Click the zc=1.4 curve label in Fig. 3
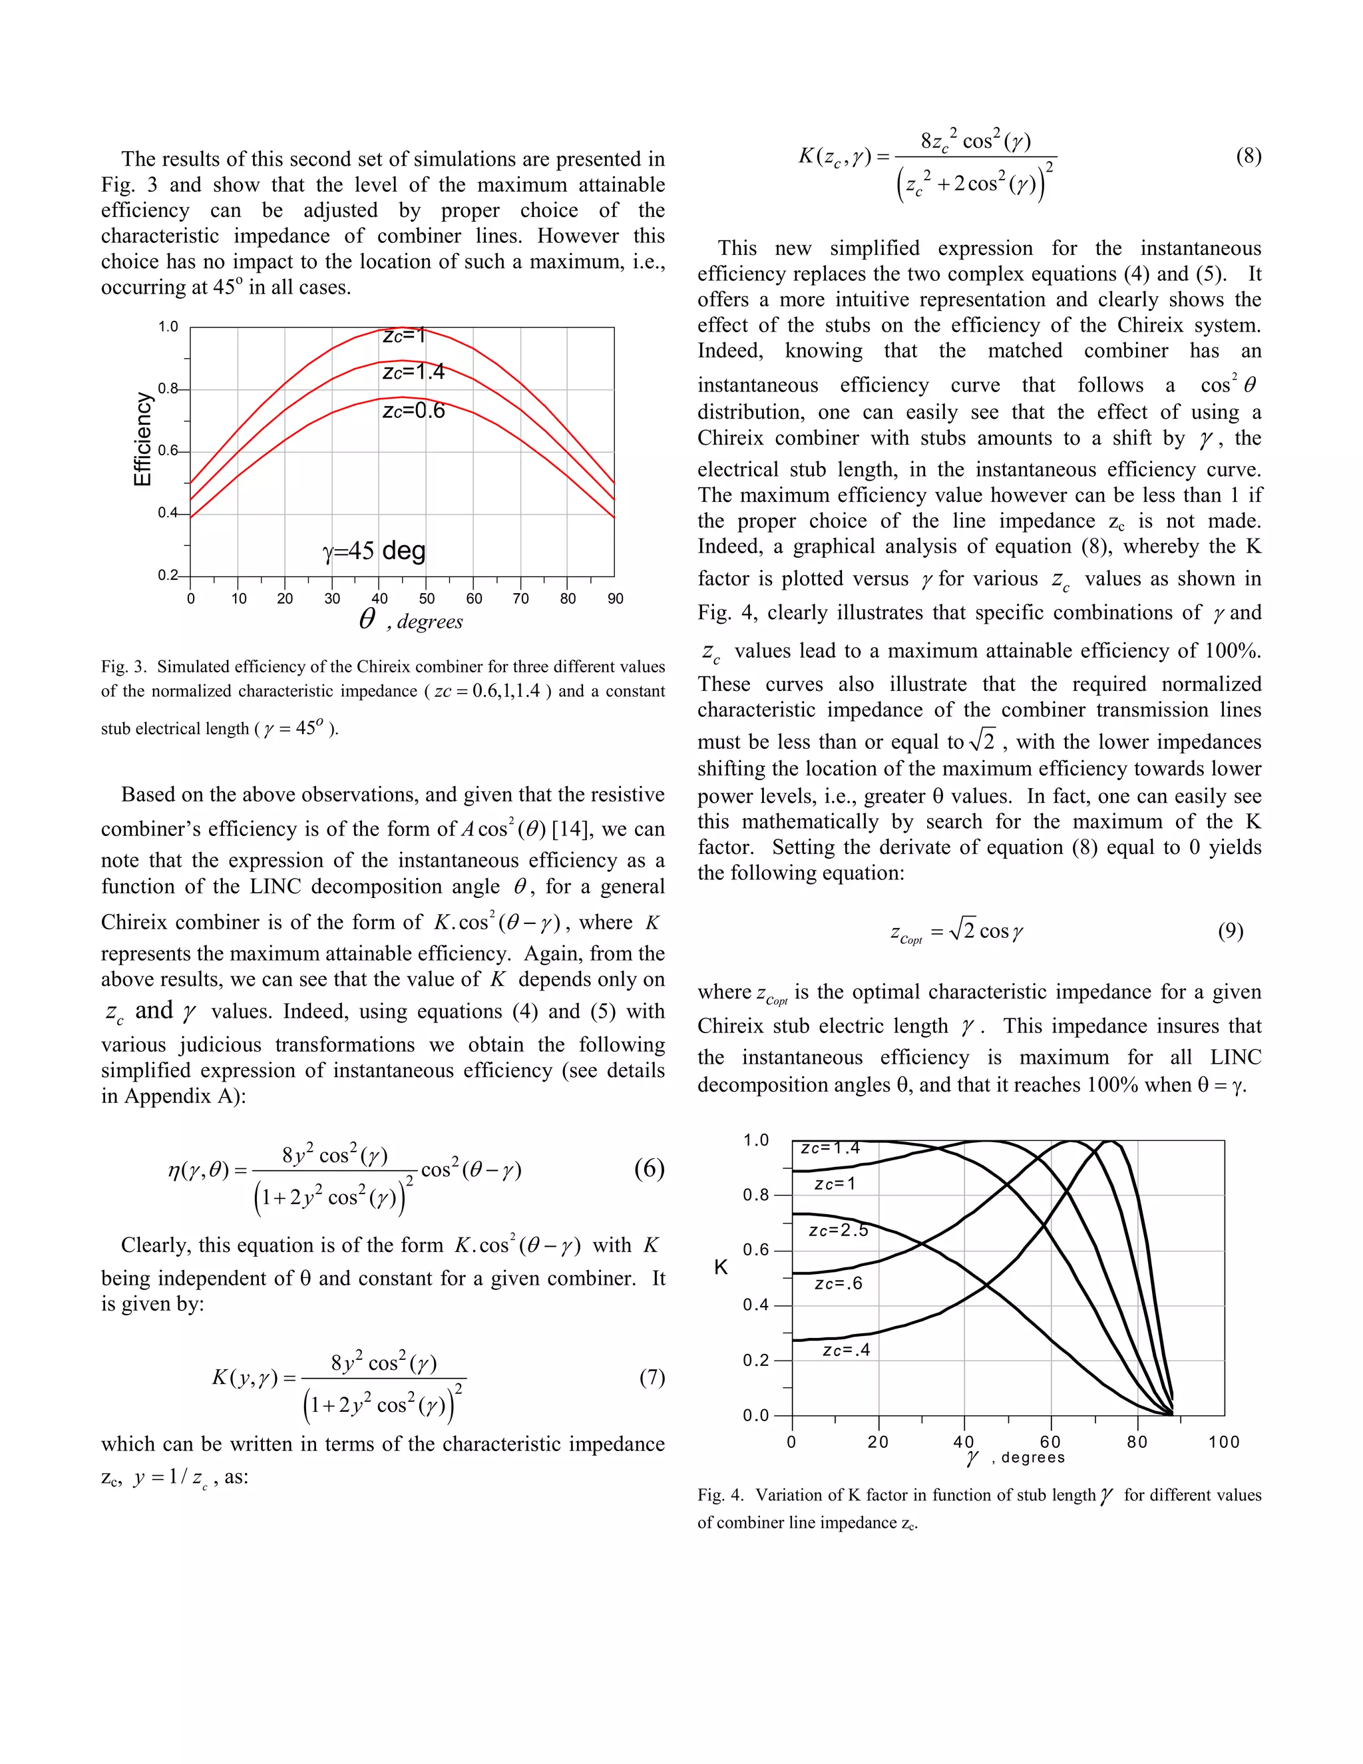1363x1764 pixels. point(413,371)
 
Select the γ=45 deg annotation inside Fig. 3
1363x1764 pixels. point(374,551)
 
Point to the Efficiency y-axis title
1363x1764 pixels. point(142,439)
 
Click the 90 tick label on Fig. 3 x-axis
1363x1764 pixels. point(616,598)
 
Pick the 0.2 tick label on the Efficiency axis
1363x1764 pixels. point(167,575)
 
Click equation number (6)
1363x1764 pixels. point(648,1169)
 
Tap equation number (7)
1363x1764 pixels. point(652,1377)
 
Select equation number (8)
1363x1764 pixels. point(1249,156)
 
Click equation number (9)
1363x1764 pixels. point(1231,931)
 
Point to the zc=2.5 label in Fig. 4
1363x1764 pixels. point(838,1231)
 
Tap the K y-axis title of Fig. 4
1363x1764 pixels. point(721,1267)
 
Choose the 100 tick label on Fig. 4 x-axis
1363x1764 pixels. point(1223,1442)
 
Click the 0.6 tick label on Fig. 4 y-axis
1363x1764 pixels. point(756,1249)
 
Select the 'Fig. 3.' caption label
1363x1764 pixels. point(124,666)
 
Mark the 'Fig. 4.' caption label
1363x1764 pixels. point(720,1495)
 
